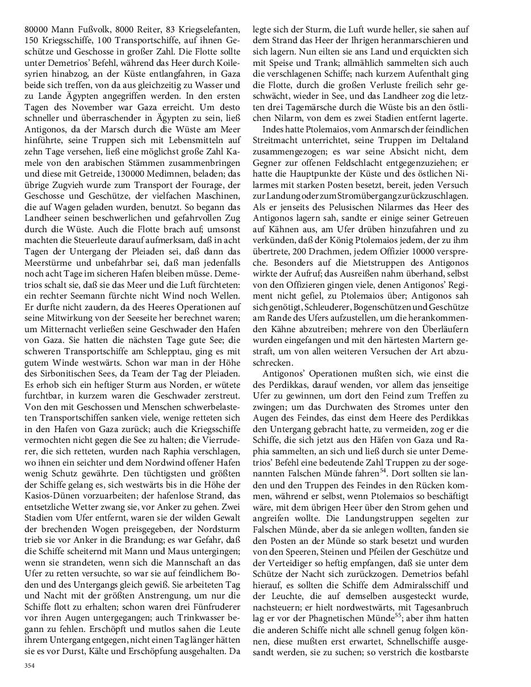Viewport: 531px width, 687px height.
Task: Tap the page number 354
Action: (x=30, y=666)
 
